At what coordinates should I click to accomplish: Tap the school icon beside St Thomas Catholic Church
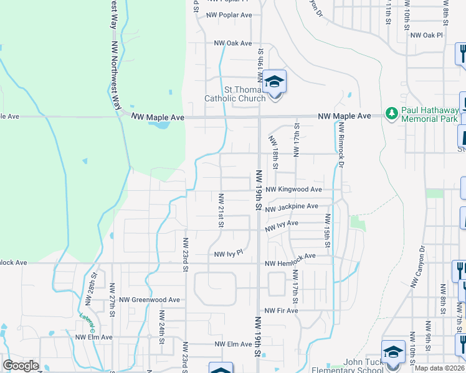[x=274, y=81]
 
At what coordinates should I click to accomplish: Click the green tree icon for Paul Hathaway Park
[x=392, y=113]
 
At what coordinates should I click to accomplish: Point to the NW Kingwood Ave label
[x=293, y=189]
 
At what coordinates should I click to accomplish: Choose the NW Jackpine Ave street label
[x=291, y=206]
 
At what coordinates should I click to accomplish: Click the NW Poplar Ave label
[x=229, y=15]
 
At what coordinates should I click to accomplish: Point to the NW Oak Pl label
[x=426, y=35]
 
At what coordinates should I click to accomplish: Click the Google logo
[x=21, y=366]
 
